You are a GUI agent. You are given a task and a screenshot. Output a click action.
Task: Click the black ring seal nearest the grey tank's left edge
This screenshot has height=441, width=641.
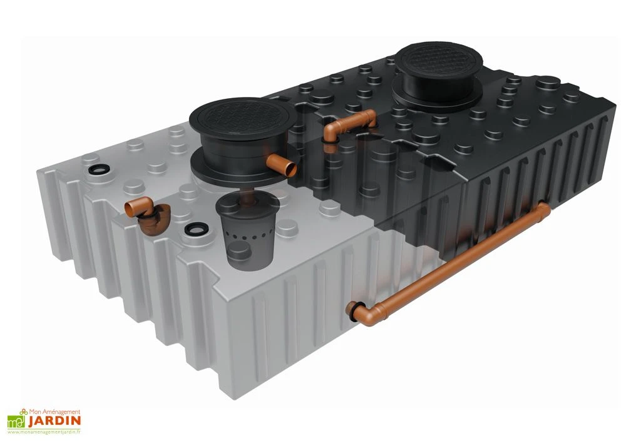point(98,170)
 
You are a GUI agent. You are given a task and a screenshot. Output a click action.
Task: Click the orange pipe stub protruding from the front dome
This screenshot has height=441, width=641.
point(285,166)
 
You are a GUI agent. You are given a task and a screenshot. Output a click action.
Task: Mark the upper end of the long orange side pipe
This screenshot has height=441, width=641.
point(543,209)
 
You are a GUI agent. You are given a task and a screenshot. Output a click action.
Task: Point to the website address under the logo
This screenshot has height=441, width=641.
point(44,432)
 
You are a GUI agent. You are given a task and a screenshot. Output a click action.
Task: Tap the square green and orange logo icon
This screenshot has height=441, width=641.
point(16,420)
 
